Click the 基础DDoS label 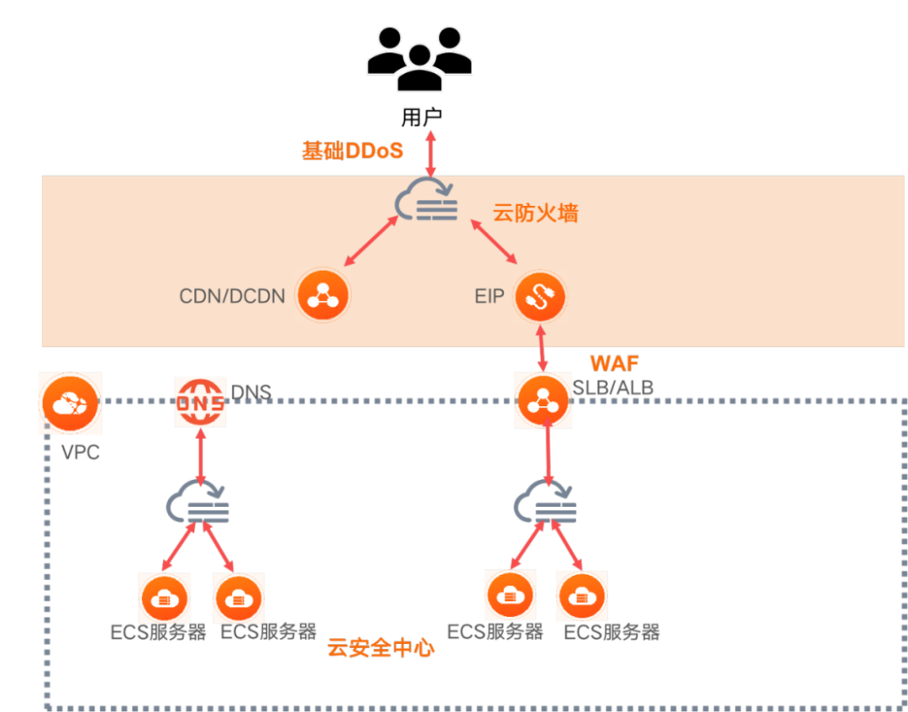[x=353, y=151]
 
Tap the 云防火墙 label [x=535, y=213]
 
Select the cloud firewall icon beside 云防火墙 [x=427, y=199]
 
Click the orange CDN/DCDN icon [x=322, y=296]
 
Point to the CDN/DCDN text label [x=232, y=296]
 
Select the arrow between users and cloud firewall [x=430, y=151]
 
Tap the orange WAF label [x=615, y=364]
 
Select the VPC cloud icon [x=69, y=403]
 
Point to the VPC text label [x=81, y=452]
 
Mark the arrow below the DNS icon [x=201, y=456]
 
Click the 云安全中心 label [x=382, y=648]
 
